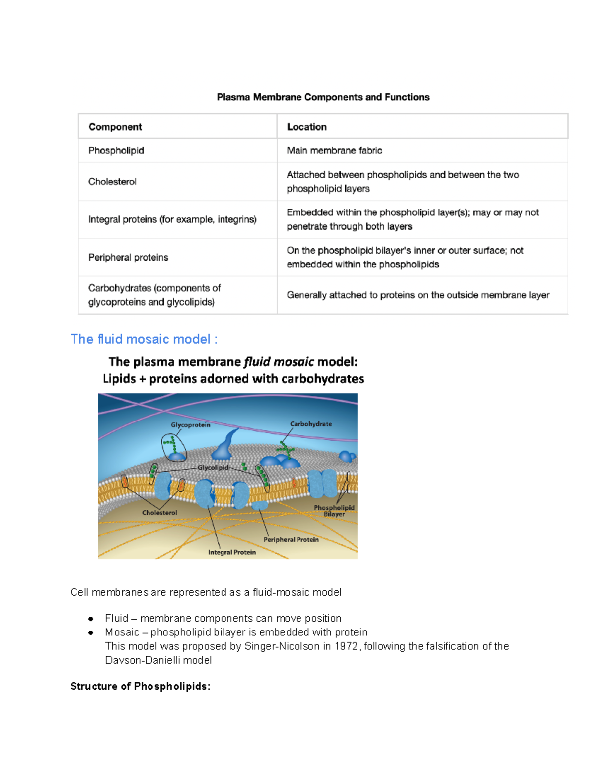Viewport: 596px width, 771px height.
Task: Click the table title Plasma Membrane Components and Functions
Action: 323,97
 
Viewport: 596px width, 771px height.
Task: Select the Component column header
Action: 115,127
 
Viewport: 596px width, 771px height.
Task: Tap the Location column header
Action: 306,127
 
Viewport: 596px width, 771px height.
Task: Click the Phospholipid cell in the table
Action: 116,150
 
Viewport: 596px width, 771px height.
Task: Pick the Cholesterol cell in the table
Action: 112,182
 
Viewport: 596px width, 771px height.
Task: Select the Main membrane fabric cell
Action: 334,150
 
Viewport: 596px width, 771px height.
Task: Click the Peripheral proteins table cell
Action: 128,257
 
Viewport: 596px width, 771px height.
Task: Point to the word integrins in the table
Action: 236,219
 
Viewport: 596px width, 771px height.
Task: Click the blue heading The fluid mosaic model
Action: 144,339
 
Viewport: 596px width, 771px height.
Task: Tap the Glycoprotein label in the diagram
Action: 190,425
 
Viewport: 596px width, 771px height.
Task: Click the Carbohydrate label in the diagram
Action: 311,424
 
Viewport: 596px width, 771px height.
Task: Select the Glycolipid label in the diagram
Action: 213,468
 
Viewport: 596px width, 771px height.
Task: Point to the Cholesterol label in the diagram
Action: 159,513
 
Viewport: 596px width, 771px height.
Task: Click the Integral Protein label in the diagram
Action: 232,552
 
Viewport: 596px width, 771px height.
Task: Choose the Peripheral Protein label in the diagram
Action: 291,539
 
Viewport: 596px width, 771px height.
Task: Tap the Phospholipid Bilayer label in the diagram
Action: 334,511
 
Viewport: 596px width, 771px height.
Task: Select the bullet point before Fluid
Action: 91,619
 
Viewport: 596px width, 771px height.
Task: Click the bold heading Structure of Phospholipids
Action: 140,686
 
